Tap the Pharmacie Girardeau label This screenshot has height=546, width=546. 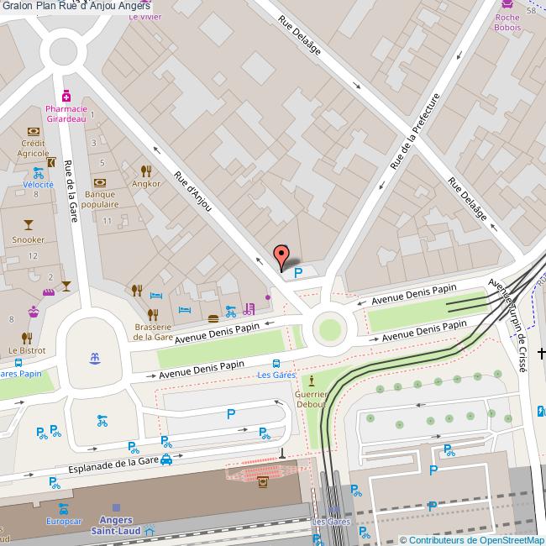click(x=66, y=114)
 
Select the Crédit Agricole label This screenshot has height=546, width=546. click(x=34, y=148)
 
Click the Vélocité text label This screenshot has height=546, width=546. click(x=38, y=184)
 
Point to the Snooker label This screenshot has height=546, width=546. click(x=28, y=239)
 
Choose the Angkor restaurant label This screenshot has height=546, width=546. click(x=146, y=183)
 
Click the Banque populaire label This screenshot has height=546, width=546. click(x=101, y=198)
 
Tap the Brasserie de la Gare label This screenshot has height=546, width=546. click(x=153, y=332)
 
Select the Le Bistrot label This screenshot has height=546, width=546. click(x=27, y=349)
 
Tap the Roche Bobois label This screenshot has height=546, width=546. click(x=507, y=23)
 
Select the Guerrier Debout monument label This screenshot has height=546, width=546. click(x=311, y=397)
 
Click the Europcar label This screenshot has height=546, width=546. click(x=64, y=521)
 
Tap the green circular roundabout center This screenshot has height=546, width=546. click(x=329, y=327)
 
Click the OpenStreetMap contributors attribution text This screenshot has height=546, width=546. click(x=471, y=539)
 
